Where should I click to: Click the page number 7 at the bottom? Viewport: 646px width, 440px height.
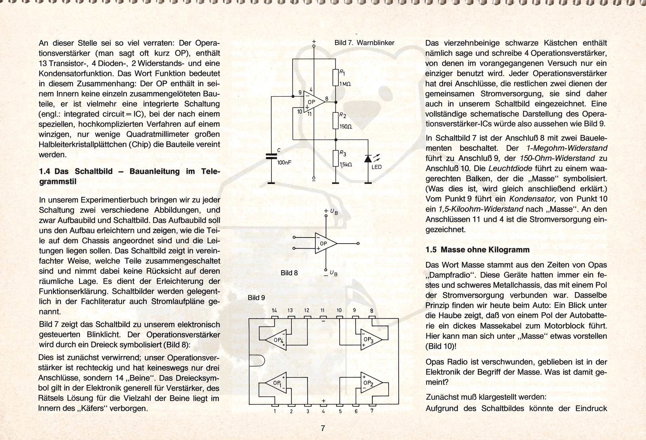(323, 428)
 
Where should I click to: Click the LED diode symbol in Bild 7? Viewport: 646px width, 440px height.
(368, 158)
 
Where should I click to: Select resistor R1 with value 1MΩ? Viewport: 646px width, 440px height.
(335, 77)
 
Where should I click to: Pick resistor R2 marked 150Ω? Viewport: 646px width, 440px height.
(335, 121)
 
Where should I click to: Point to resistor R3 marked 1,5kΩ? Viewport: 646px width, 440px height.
(335, 158)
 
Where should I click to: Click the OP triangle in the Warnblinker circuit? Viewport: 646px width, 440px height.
(313, 101)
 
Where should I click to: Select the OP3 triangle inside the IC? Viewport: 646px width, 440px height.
(370, 339)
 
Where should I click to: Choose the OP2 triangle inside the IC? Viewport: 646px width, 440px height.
(370, 383)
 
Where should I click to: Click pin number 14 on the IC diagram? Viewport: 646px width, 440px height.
(275, 311)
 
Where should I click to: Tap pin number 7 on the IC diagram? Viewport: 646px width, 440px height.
(372, 411)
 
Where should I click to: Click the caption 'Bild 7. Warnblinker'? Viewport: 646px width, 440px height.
(364, 43)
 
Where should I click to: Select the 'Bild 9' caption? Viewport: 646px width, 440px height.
(256, 297)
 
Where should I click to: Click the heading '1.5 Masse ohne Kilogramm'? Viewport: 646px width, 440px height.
(477, 250)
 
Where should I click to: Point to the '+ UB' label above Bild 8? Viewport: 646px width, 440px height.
(331, 212)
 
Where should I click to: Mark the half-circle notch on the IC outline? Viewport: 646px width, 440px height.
(256, 361)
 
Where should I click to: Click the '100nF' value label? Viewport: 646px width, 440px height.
(284, 162)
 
